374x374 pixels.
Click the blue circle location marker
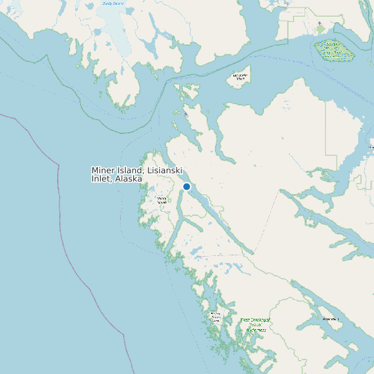186,186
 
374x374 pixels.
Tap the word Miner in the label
104,170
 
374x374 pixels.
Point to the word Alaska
128,179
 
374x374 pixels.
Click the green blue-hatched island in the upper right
331,49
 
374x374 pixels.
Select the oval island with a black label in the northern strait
239,78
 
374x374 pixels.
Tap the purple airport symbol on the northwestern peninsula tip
186,113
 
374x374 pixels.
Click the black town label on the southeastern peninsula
331,319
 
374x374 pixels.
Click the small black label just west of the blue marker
162,200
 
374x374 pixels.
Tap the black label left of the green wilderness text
215,317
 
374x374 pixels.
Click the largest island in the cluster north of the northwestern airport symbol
186,92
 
